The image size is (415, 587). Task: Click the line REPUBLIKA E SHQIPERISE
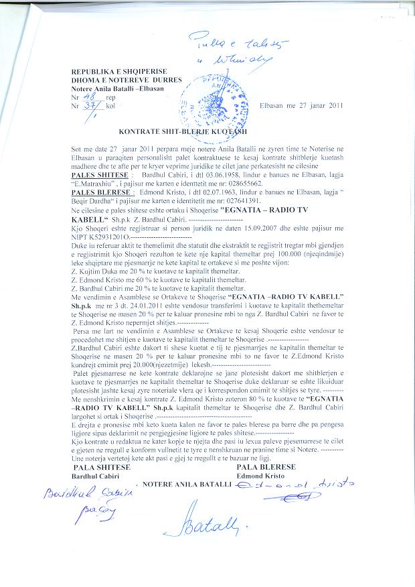118,72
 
